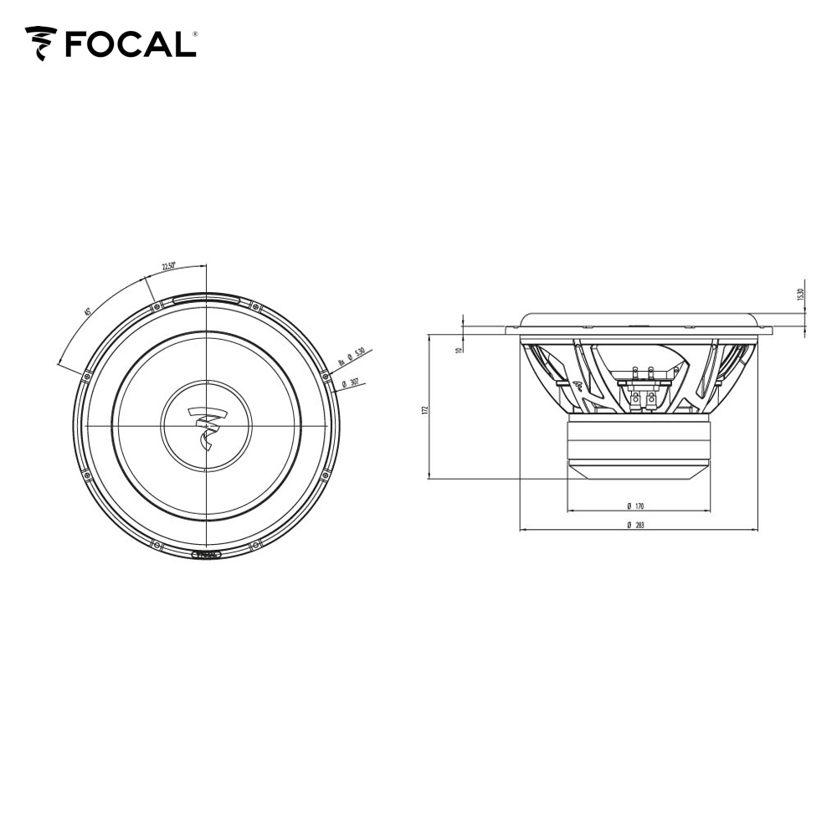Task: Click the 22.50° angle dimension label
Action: point(169,267)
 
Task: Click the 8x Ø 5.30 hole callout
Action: point(352,358)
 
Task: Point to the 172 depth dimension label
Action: point(425,409)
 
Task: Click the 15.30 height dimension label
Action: point(800,295)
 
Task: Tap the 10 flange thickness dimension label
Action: point(459,349)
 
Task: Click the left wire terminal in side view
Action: point(636,399)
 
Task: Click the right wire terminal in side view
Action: point(650,399)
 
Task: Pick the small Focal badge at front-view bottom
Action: point(206,554)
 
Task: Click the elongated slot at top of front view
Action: point(206,298)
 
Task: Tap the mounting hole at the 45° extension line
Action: point(86,376)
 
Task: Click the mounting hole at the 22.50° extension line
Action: point(156,307)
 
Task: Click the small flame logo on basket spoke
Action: point(580,385)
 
